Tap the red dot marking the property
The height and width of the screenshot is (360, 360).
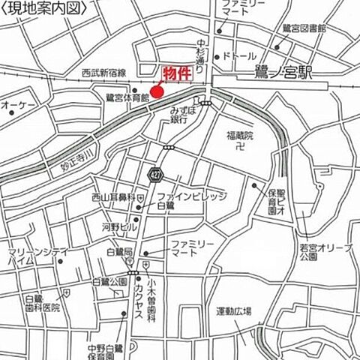click(156, 92)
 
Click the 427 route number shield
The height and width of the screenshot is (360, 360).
click(155, 174)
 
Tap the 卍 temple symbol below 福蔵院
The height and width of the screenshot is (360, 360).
click(240, 149)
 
